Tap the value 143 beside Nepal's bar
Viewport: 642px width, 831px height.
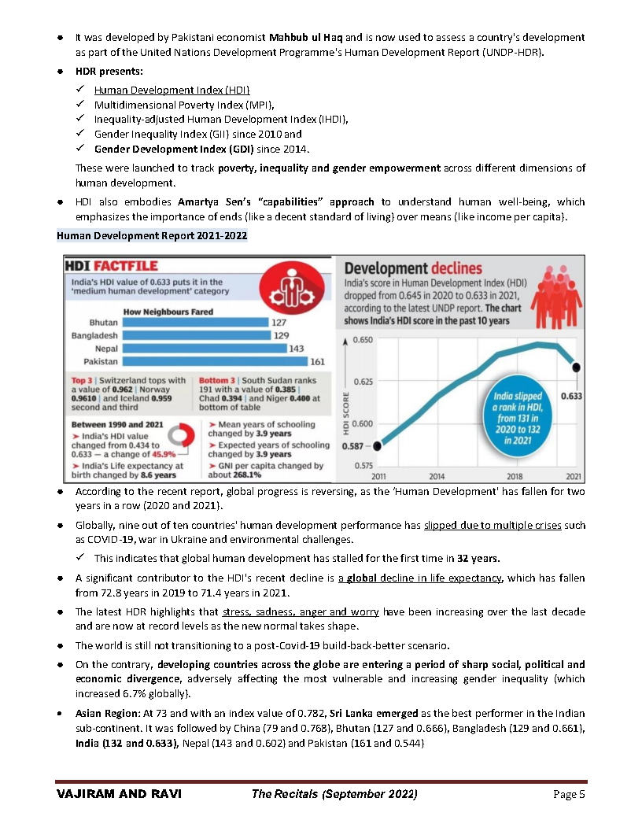[297, 349]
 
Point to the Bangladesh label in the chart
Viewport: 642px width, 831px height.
[95, 335]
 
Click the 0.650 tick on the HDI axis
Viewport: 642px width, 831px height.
[363, 339]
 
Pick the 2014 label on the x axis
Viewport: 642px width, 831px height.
[437, 476]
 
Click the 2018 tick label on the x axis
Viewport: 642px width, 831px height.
[515, 476]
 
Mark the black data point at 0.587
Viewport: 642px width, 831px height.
[377, 446]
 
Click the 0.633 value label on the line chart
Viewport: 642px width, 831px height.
[571, 396]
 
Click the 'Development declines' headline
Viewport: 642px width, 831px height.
[413, 268]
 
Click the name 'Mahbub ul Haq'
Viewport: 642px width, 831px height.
[305, 37]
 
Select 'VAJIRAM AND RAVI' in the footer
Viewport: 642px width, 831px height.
[119, 793]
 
